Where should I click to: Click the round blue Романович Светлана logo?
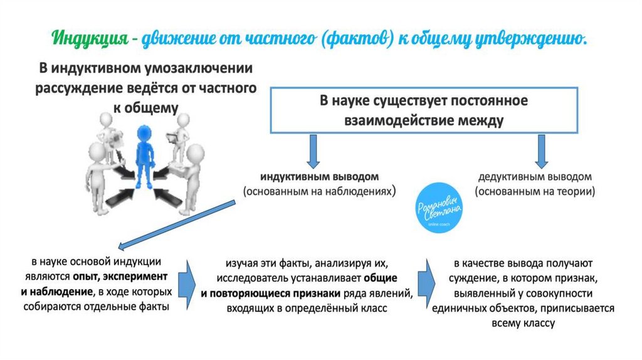440,211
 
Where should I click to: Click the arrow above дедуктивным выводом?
541,151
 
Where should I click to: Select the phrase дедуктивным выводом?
535,176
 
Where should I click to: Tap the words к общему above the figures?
146,107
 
